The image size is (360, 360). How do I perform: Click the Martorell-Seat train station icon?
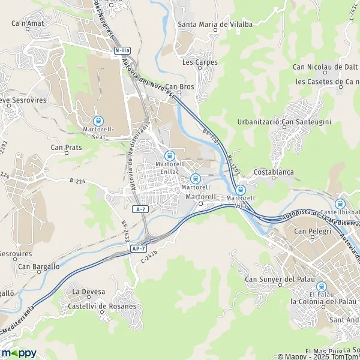point(98,121)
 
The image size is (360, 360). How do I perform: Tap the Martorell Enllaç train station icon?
point(169,155)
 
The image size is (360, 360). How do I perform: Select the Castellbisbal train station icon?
point(341,204)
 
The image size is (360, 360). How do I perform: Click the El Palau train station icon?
point(321,287)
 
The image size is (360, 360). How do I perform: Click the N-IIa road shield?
point(122,52)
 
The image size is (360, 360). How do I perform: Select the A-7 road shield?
point(140,209)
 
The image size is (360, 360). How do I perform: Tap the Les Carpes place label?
point(200,62)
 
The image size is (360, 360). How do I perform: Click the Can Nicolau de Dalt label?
point(325,67)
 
